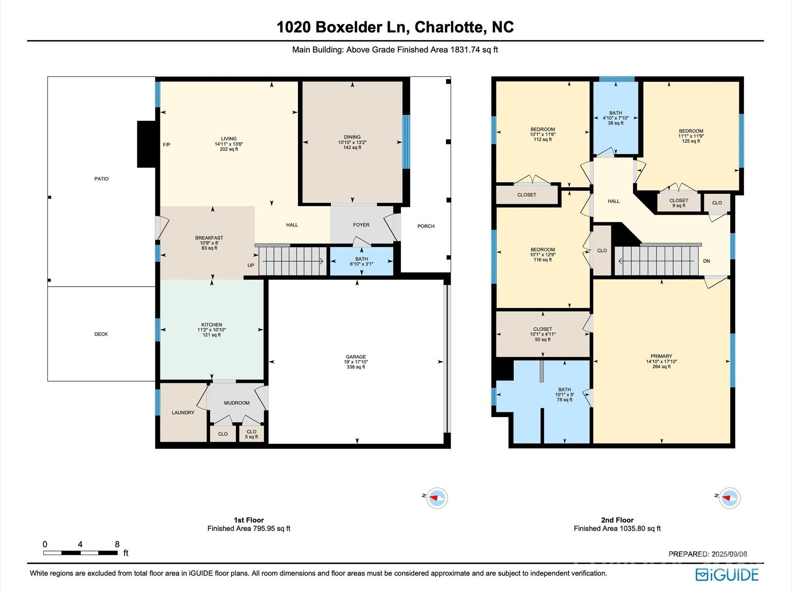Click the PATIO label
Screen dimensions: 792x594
tap(101, 179)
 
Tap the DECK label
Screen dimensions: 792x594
tap(101, 334)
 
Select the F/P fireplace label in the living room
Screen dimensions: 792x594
tap(167, 145)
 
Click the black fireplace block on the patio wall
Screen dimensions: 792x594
tap(146, 144)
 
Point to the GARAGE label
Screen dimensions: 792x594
tap(356, 357)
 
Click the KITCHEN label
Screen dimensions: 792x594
tap(212, 325)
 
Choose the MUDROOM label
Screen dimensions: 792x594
tap(237, 403)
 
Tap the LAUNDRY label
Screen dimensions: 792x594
tap(183, 413)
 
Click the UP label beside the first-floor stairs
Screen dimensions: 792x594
tap(251, 265)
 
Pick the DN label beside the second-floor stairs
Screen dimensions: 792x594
tap(707, 261)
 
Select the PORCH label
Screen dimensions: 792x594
tap(426, 226)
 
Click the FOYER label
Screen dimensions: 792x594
tap(361, 225)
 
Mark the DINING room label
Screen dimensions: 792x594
tap(352, 137)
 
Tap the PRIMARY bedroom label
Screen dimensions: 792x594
tap(661, 356)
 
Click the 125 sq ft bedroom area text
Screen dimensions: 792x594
tap(691, 141)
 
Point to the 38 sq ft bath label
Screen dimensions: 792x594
tap(616, 123)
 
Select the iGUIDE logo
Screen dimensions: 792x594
tap(727, 575)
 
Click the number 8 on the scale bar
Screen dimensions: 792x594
tap(117, 544)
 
